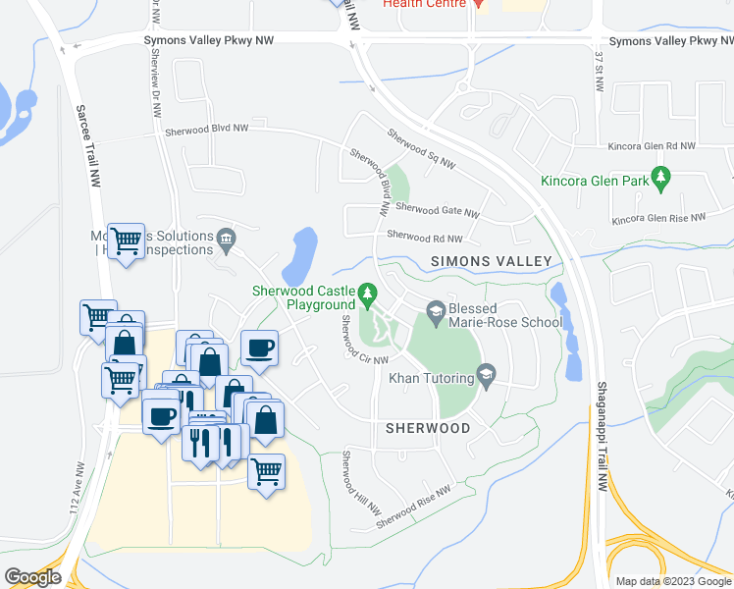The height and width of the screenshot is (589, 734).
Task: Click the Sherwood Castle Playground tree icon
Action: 368,293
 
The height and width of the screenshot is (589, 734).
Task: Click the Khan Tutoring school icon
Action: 485,375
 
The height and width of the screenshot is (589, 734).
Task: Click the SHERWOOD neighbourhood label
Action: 427,428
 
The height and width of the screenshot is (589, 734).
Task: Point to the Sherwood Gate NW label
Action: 437,210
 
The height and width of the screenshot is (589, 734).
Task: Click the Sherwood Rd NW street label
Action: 424,237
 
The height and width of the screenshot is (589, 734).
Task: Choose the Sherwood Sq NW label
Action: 421,148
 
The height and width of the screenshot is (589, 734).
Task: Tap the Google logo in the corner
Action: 33,577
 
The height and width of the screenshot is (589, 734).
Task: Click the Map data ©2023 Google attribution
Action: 673,581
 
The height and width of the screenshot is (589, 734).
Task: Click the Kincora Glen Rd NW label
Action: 651,145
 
